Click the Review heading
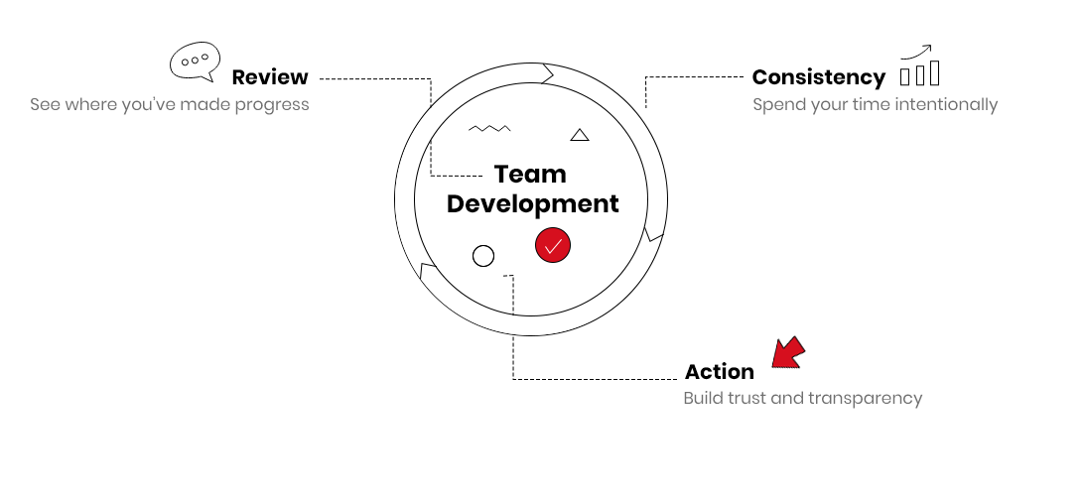click(270, 77)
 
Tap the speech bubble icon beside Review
click(196, 62)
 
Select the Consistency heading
click(819, 77)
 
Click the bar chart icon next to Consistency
click(919, 65)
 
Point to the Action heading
click(720, 372)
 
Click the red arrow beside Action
click(788, 352)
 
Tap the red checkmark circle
click(553, 246)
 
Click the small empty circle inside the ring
click(483, 256)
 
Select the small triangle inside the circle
click(580, 135)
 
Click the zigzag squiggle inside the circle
click(490, 128)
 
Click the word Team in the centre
click(531, 175)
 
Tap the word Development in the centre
click(533, 204)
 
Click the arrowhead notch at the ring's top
click(548, 73)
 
